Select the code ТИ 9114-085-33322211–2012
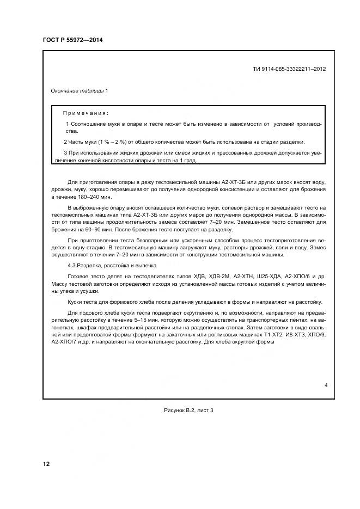(290, 69)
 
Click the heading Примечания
(86, 113)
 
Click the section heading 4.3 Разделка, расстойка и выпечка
(112, 266)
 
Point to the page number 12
(46, 464)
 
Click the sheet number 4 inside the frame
(326, 385)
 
